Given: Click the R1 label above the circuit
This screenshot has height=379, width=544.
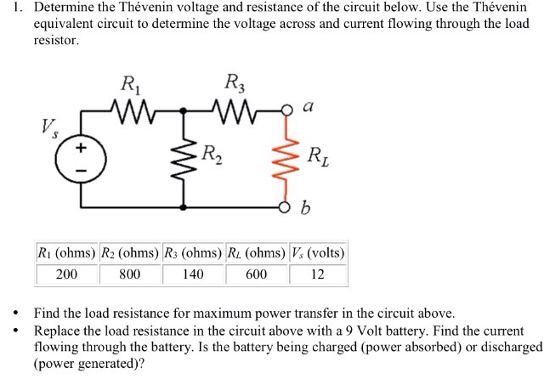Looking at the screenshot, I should click(x=132, y=85).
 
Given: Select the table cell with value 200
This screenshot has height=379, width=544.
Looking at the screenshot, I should click(x=67, y=274).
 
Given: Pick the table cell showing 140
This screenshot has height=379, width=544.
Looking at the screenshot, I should click(x=194, y=274).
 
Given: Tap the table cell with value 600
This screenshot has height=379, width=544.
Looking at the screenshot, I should click(x=257, y=274).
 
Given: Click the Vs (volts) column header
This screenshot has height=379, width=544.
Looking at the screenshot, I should click(x=318, y=252).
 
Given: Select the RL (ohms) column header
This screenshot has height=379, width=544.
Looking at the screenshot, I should click(x=257, y=252).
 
